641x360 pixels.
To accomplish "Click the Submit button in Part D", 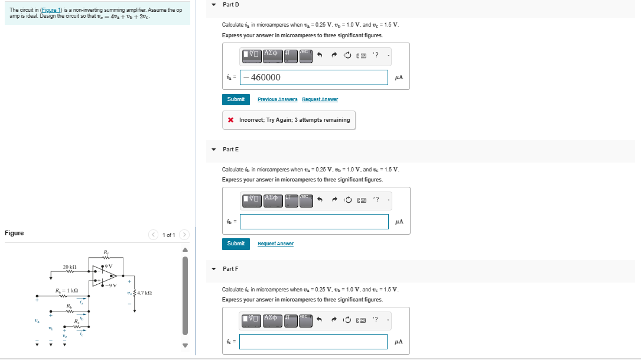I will tap(236, 99).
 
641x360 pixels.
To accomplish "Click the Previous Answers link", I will tap(278, 99).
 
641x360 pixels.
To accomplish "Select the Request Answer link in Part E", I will tap(275, 244).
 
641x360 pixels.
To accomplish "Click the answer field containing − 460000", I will tap(314, 77).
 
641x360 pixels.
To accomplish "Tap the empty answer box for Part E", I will tap(314, 222).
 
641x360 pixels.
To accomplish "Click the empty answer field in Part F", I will tap(314, 342).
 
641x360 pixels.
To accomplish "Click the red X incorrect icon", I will tap(230, 120).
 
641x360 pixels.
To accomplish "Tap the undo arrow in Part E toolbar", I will tap(320, 199).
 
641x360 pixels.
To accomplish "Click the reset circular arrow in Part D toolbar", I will tap(347, 56).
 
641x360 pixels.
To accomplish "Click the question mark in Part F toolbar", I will tap(376, 319).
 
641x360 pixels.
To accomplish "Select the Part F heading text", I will tap(231, 269).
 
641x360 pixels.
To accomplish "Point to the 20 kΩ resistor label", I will tap(70, 268).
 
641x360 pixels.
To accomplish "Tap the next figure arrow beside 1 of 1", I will tap(184, 235).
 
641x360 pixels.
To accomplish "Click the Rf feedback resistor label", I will tap(106, 253).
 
